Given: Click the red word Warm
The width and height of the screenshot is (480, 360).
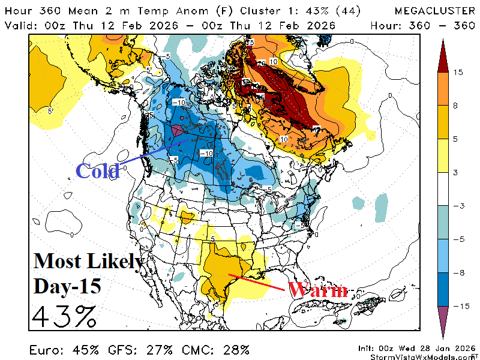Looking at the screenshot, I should tap(317, 290).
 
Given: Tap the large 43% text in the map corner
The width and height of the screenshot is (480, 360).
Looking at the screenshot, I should tap(64, 316).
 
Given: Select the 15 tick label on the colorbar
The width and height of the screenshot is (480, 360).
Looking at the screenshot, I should tap(458, 72).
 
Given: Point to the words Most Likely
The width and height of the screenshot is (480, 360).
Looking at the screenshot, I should tap(88, 261).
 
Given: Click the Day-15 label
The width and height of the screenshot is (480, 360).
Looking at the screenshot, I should tap(67, 286).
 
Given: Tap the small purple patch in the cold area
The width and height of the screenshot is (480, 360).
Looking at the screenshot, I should tap(178, 129).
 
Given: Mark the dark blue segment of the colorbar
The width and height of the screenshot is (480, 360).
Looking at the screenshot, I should tap(443, 289).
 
